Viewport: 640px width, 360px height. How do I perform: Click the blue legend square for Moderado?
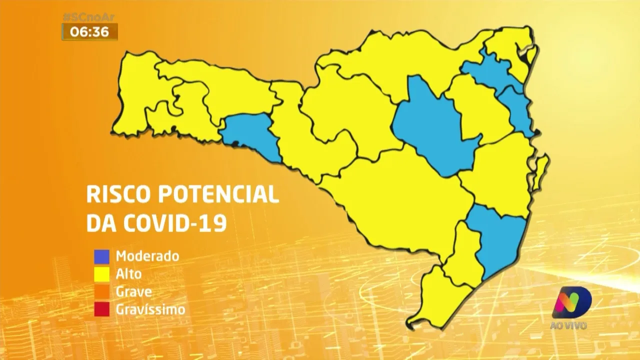coord(101,256)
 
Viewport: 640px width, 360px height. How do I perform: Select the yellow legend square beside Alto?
coord(101,274)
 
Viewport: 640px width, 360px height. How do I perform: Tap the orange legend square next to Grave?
coord(101,291)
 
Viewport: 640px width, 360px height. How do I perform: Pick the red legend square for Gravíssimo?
coord(101,309)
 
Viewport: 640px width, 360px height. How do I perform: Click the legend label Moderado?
coord(147,256)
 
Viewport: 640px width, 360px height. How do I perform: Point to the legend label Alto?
coord(128,274)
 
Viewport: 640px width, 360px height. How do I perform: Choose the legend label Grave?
coord(133,291)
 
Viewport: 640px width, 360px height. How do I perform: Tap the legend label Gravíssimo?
coord(150,309)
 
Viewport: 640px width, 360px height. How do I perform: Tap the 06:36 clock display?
coord(89,32)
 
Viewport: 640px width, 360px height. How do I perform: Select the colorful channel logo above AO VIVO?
coord(571,302)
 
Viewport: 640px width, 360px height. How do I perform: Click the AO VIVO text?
coord(569,326)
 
